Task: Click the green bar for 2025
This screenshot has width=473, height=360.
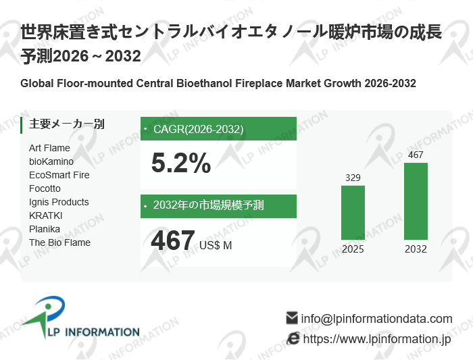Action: [x=353, y=213]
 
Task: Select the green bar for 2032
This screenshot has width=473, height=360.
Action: [x=416, y=201]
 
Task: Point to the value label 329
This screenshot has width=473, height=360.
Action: [x=353, y=178]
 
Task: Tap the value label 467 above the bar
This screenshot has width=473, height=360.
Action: [x=416, y=155]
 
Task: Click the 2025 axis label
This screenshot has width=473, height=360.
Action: [x=353, y=249]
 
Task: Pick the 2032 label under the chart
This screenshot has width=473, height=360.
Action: [x=416, y=249]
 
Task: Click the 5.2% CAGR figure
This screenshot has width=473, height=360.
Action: [x=180, y=163]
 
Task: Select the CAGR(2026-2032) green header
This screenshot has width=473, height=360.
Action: [x=218, y=129]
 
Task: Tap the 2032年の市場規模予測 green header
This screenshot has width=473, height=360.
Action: [x=218, y=206]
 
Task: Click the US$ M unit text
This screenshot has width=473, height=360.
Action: [x=216, y=245]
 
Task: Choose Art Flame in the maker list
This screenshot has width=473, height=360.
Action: [x=49, y=148]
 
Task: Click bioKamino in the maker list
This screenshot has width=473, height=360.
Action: [x=51, y=161]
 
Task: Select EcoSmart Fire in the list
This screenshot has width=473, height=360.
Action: [x=59, y=175]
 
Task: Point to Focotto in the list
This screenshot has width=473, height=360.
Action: [x=45, y=188]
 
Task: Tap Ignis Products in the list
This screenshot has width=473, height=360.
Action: [x=59, y=202]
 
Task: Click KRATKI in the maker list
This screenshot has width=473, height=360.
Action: [x=46, y=215]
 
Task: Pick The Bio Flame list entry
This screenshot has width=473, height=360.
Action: [x=59, y=242]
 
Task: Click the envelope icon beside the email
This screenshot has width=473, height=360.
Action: [x=292, y=317]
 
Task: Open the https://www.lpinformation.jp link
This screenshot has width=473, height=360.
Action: [x=376, y=339]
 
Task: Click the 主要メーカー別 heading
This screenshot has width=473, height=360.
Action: [x=67, y=124]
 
